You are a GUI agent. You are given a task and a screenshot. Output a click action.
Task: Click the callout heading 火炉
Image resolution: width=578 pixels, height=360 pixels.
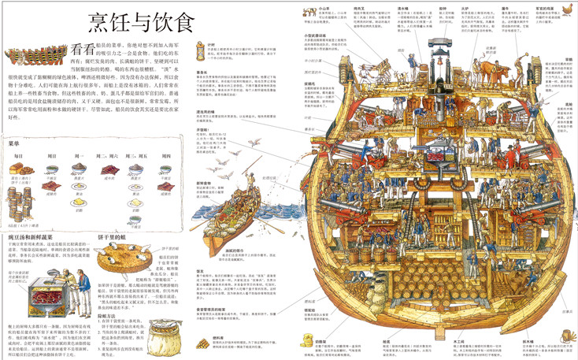pos(454,9)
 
